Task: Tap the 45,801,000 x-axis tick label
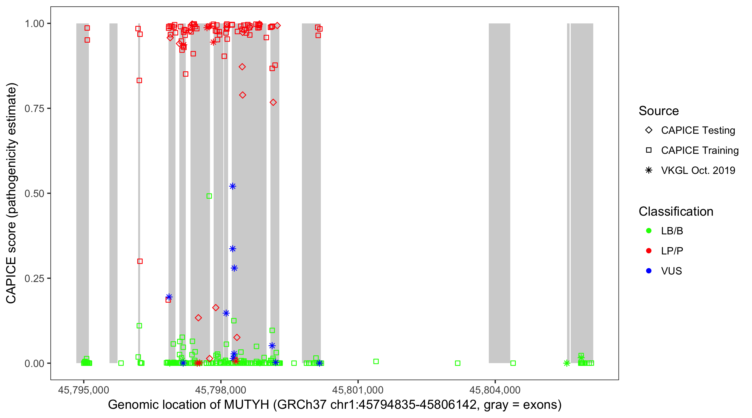358,390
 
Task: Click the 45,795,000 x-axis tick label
84,390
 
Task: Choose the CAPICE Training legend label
699,150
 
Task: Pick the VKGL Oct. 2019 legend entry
698,170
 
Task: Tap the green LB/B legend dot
649,231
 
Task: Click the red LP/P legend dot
649,251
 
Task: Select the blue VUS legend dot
649,271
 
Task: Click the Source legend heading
659,111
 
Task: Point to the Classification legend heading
676,212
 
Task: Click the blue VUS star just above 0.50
232,186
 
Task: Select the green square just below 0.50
209,196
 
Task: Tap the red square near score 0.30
140,261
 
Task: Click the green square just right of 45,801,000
376,361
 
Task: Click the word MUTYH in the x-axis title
246,405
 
